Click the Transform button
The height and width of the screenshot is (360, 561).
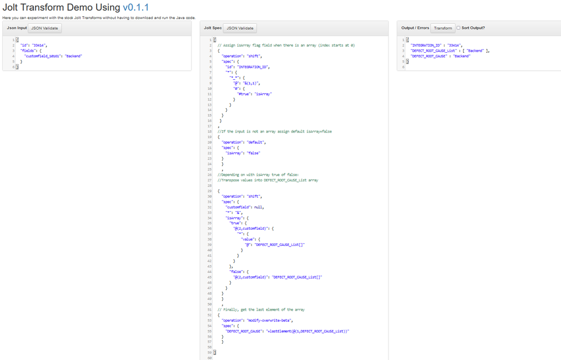pyautogui.click(x=443, y=28)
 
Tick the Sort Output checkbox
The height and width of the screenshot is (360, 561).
pyautogui.click(x=458, y=28)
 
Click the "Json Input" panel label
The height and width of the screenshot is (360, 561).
pyautogui.click(x=16, y=28)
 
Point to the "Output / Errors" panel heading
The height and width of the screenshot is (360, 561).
pyautogui.click(x=415, y=28)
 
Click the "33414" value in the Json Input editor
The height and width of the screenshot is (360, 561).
pyautogui.click(x=39, y=45)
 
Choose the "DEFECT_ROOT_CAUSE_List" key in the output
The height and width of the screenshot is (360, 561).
pyautogui.click(x=433, y=51)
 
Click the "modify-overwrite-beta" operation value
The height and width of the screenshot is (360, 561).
pyautogui.click(x=260, y=320)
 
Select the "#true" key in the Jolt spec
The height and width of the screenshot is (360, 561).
pyautogui.click(x=245, y=94)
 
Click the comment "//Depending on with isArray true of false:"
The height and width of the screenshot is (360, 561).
pyautogui.click(x=258, y=175)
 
